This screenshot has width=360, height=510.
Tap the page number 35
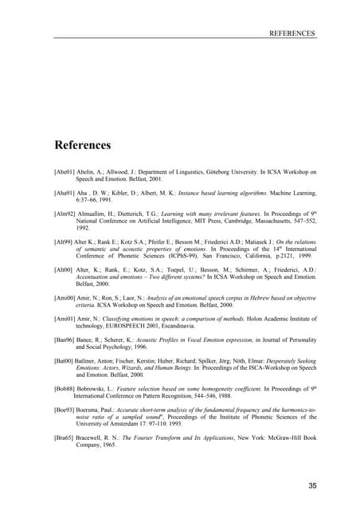[311, 485]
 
